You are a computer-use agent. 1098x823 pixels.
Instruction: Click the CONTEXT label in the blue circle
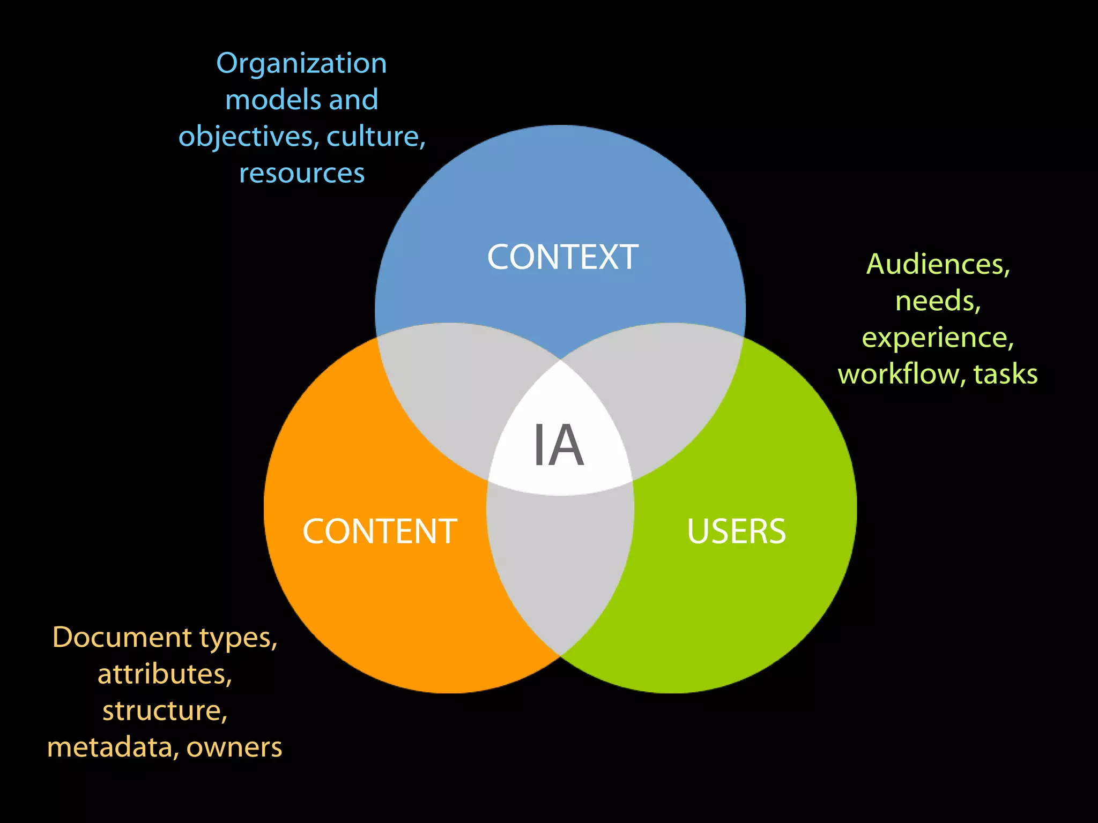[x=562, y=257]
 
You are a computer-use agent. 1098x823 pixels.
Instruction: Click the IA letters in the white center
[x=558, y=445]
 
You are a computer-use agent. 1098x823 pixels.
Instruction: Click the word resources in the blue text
[x=302, y=174]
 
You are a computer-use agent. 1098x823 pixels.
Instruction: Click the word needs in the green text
[x=938, y=301]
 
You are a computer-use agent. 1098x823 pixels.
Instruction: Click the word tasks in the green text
[x=1005, y=373]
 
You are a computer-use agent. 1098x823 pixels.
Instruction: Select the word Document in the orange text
[x=122, y=637]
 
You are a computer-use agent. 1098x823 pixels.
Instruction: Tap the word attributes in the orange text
[x=165, y=674]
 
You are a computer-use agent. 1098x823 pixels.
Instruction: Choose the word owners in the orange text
[x=234, y=748]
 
